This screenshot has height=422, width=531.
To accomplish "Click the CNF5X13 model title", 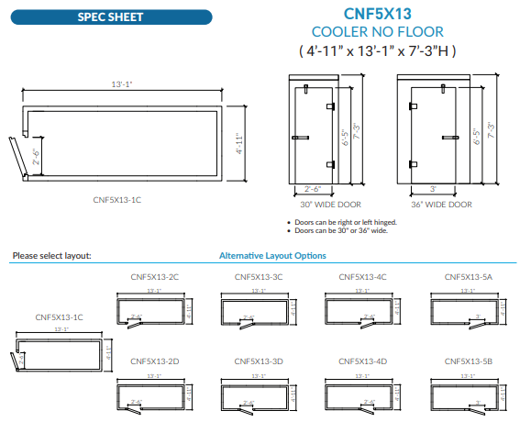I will point(378,14).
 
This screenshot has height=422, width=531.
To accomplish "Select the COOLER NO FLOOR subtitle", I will point(378,32).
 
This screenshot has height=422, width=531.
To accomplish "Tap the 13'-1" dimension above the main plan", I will point(122,83).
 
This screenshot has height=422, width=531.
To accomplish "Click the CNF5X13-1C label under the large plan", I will point(117,198).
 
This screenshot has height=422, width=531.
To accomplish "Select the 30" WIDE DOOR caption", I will point(311,205).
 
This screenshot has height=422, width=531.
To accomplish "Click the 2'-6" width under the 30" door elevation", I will point(311,189).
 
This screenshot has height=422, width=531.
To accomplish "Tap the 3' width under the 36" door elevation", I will point(432,189).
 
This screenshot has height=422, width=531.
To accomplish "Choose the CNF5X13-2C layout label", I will point(154,276).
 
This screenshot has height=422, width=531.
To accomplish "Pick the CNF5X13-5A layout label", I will point(468,276).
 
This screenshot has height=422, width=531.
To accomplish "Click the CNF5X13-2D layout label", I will point(154,361).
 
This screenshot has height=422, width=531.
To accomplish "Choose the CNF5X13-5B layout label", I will point(468,361).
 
